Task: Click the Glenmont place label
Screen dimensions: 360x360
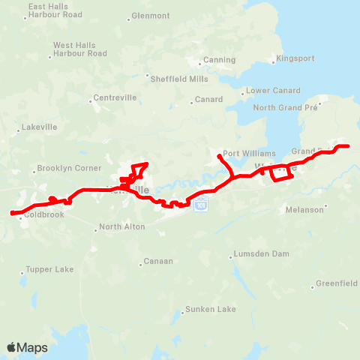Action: (150, 15)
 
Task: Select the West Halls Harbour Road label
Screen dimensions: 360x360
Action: (79, 49)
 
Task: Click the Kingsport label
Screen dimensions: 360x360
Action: (295, 58)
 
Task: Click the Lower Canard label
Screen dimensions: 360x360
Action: (268, 91)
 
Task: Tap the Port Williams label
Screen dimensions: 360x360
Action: (244, 153)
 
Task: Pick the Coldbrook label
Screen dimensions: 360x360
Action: (45, 214)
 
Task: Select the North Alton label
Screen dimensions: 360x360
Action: (121, 227)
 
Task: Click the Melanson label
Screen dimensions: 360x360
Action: (304, 210)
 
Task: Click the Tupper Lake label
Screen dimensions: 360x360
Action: (49, 269)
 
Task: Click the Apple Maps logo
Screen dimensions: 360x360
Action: (28, 347)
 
